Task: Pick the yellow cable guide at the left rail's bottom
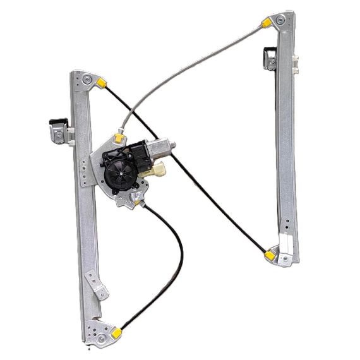(x=117, y=330)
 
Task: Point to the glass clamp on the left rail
(x=58, y=128)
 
